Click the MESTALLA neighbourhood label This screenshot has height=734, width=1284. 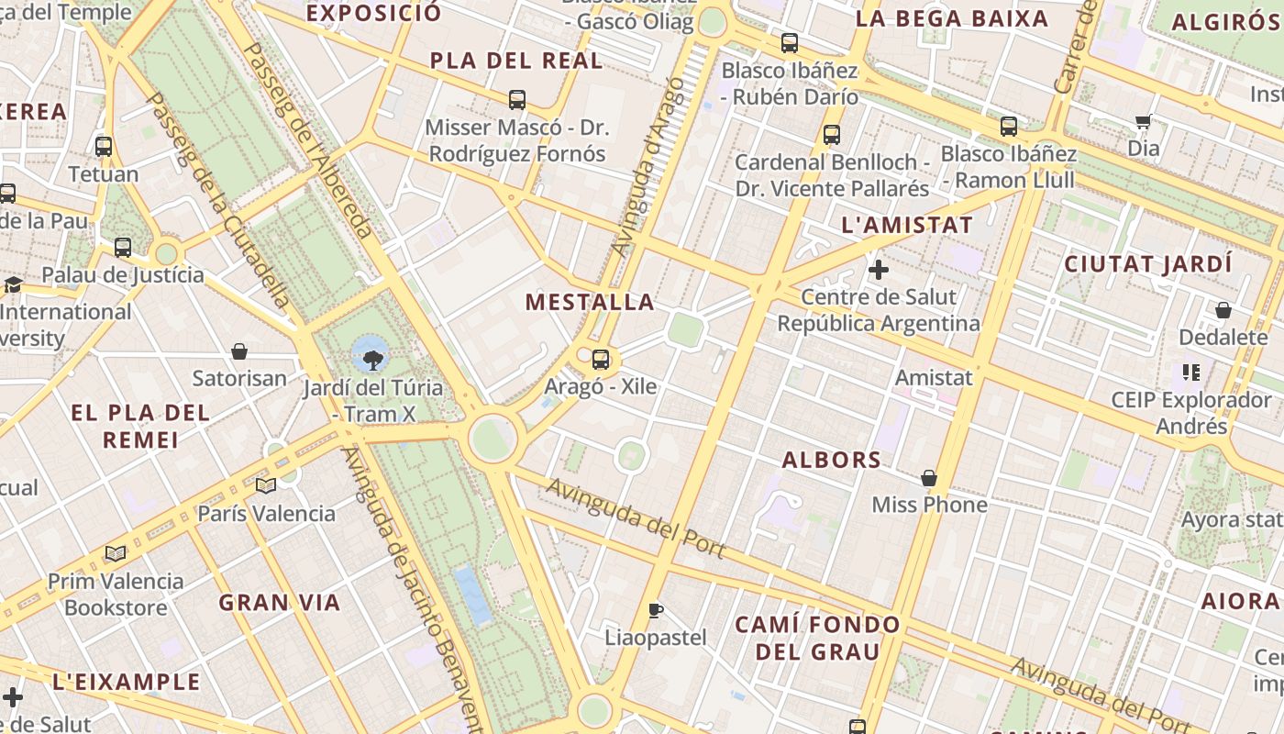pos(591,302)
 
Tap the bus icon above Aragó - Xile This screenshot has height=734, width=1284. pos(601,360)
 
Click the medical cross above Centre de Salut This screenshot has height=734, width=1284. pos(878,270)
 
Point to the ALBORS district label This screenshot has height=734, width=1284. pos(831,460)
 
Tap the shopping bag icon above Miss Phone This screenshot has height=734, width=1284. pos(929,478)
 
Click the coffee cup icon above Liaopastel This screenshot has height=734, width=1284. pos(655,610)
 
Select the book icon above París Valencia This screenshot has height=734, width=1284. pos(266,485)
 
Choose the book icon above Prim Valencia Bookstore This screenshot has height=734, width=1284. pos(116,553)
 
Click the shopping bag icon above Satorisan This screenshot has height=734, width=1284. pos(239,351)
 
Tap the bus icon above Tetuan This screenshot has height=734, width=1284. pos(104,146)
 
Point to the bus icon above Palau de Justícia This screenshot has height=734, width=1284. pos(123,247)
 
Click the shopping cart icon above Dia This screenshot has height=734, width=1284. pos(1143,121)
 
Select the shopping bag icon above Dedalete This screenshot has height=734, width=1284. pos(1223,310)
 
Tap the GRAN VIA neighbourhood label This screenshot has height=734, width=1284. pos(280,603)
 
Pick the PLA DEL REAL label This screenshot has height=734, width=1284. pos(516,61)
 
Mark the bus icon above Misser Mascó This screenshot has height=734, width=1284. pos(517,99)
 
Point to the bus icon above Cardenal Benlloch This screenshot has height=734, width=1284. pos(832,135)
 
